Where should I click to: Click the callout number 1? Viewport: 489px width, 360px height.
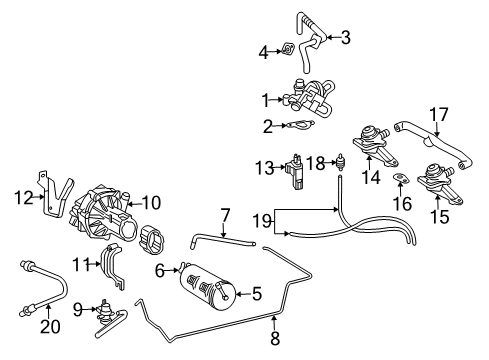[x=266, y=99]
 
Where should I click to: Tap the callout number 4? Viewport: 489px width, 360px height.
[x=264, y=51]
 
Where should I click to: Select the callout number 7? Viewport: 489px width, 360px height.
[x=225, y=214]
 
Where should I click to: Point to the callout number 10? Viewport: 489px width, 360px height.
[x=152, y=202]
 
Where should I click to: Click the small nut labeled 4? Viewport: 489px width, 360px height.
[x=287, y=48]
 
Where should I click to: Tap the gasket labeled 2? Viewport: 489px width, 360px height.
[x=297, y=125]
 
